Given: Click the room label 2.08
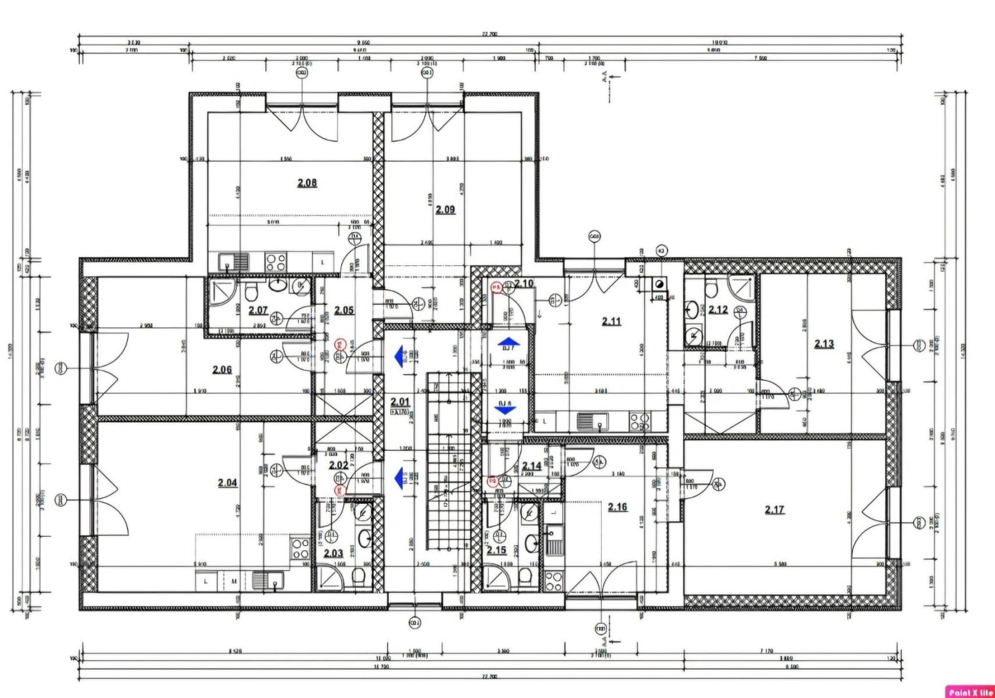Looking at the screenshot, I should point(307,183).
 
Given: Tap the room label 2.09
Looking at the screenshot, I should point(445,209).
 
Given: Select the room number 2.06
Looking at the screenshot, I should point(222,369).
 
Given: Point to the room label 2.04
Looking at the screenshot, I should point(227,483).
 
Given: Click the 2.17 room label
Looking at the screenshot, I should point(774,510).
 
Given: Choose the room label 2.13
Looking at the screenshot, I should point(823,344).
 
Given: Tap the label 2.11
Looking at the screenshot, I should point(611,321).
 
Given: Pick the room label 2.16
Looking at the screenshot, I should point(617,507).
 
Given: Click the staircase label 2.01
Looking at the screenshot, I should point(400,402).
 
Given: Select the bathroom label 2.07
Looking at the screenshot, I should point(258,311).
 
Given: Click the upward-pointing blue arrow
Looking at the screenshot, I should point(509,343).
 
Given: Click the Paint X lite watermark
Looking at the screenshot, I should point(969,692).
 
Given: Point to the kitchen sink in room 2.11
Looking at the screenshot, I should point(592,420).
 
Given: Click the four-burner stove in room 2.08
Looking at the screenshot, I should point(276,262).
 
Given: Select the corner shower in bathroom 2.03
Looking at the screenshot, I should point(329,579).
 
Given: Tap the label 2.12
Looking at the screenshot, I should point(718,310).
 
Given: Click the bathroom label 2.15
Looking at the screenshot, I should point(496,550).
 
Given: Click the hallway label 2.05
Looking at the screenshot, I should point(344,311).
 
